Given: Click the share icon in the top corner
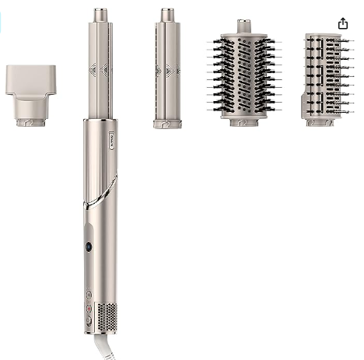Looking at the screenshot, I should (x=343, y=23).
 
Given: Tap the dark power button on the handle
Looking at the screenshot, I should (x=88, y=246).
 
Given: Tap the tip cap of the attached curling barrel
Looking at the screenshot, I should (x=101, y=15).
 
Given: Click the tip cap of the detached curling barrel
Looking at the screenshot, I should (x=167, y=15).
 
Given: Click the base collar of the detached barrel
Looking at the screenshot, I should (x=167, y=123).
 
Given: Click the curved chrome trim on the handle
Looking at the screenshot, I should (x=101, y=194).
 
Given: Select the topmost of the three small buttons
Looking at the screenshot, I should (x=89, y=295).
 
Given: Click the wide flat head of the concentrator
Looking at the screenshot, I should (x=30, y=78).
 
